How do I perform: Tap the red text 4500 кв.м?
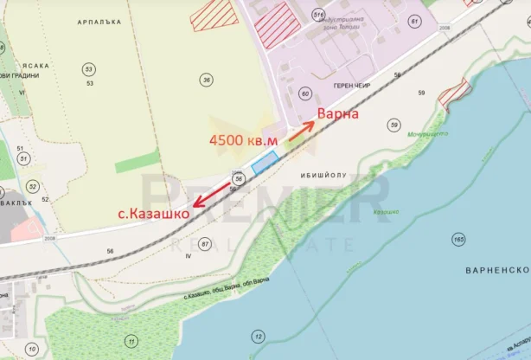pos(245,139)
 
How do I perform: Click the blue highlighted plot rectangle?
pos(264,162)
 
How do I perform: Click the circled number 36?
pos(206,80)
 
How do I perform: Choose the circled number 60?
pos(304,93)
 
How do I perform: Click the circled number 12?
pos(258,336)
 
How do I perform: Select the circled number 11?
pos(131,341)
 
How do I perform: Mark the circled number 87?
pos(205,245)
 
